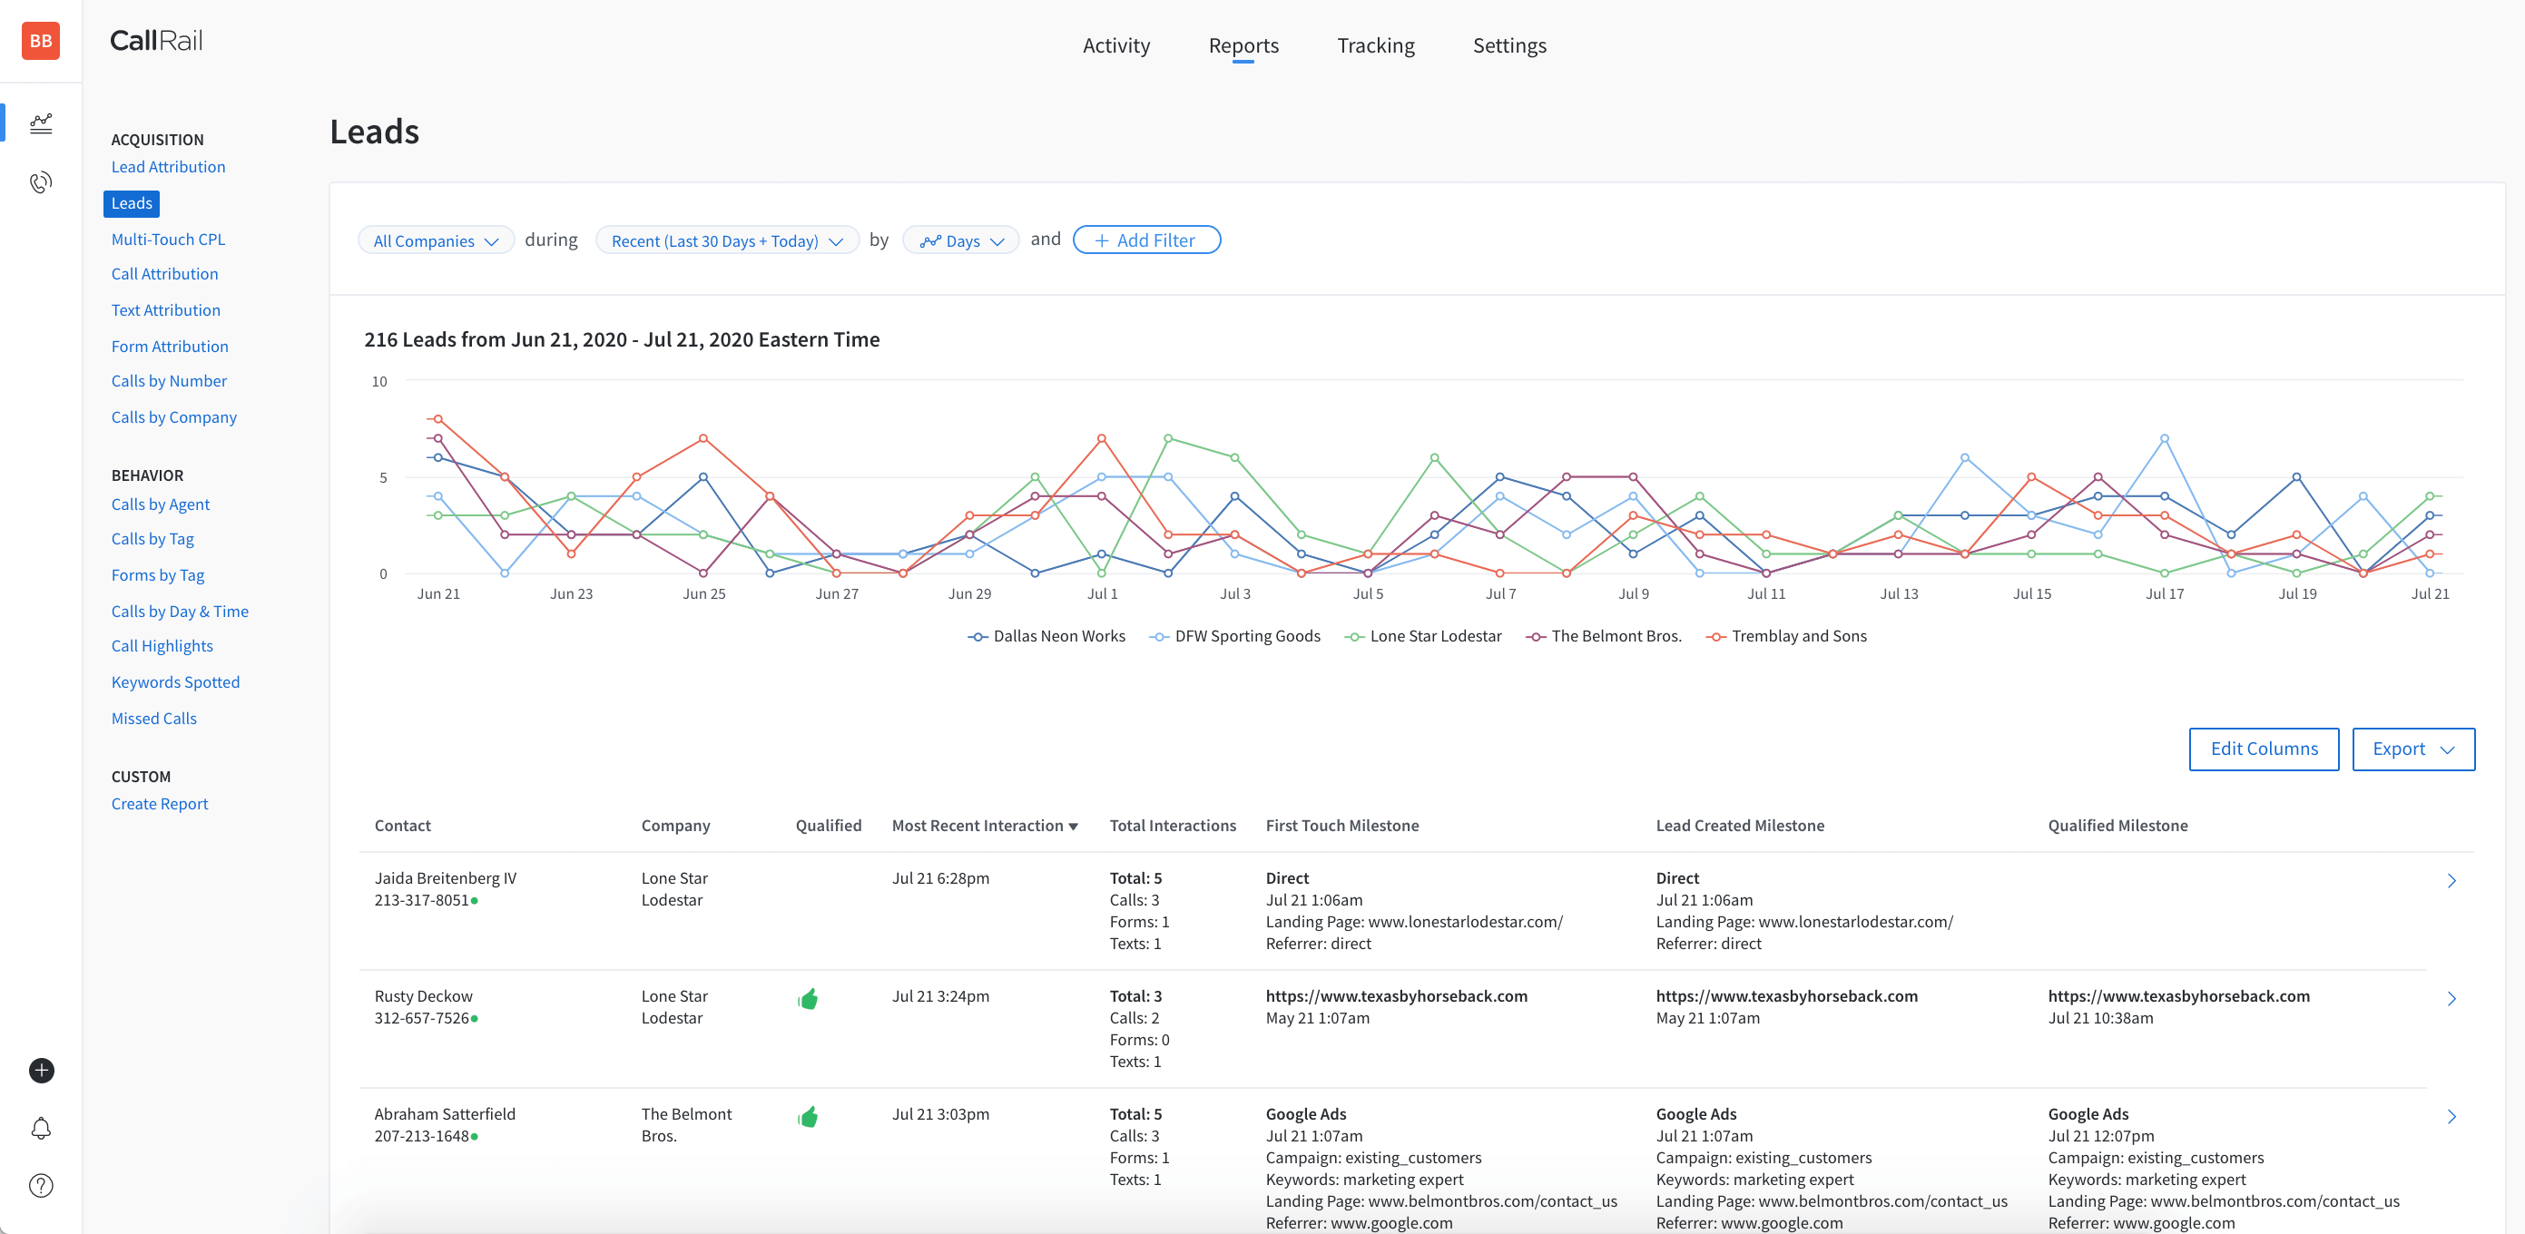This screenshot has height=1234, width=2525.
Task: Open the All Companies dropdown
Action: pos(436,241)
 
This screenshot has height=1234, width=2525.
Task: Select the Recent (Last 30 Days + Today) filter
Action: pos(726,241)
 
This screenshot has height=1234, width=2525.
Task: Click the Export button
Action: pos(2412,749)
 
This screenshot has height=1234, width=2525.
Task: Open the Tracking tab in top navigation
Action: pos(1375,46)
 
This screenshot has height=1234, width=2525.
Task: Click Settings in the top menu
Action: pos(1508,46)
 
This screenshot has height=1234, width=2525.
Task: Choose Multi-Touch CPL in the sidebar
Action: pos(168,240)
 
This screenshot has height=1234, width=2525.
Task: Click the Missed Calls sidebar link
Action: pos(154,719)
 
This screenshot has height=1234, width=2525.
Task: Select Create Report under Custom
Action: pos(160,804)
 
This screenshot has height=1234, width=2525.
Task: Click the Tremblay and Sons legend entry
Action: pos(1798,636)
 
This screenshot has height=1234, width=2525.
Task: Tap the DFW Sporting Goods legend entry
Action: pos(1246,636)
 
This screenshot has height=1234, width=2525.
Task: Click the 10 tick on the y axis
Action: pos(379,382)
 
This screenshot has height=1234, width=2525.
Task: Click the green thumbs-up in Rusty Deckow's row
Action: pos(808,1000)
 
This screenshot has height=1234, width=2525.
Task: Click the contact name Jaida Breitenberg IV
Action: pos(445,878)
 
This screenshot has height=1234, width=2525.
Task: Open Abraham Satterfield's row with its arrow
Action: pos(2451,1116)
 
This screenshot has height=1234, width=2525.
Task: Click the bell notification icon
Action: pos(41,1128)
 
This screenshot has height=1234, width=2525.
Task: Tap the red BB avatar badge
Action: pos(41,41)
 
